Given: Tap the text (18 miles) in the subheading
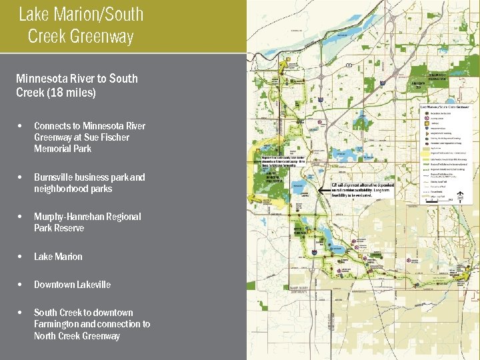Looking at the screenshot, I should coord(71,93).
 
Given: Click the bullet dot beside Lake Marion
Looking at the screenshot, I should coord(22,257).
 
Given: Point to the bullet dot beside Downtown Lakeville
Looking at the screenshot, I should coord(22,285).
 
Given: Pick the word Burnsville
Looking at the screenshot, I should coord(55,178).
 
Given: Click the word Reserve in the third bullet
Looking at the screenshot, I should coord(69,229).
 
